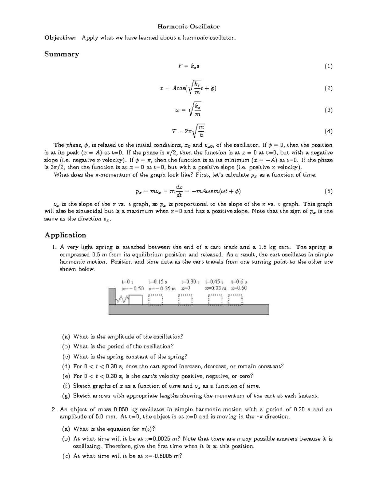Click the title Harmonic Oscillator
click(x=188, y=26)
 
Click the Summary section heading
click(x=62, y=54)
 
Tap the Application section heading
click(x=65, y=235)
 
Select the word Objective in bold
click(x=59, y=38)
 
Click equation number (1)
click(x=328, y=66)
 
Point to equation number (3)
click(x=328, y=110)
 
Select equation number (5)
click(x=328, y=191)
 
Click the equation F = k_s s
click(x=188, y=66)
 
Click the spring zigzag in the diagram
click(x=122, y=300)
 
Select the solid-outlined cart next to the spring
click(x=136, y=300)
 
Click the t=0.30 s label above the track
click(x=191, y=282)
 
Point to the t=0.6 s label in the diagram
click(x=239, y=282)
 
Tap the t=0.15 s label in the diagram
click(x=158, y=282)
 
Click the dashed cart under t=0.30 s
click(x=185, y=300)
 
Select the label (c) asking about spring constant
click(x=66, y=357)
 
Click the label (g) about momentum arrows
click(x=66, y=396)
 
